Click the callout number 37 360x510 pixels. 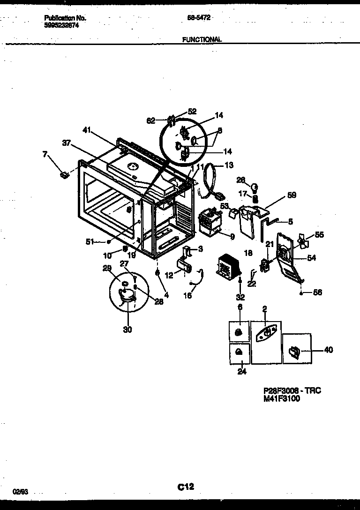(x=67, y=143)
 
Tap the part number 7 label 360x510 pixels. (x=45, y=154)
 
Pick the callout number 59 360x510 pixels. (x=292, y=195)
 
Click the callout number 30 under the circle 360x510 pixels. (x=127, y=330)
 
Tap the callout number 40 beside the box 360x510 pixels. (x=329, y=350)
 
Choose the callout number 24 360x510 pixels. (x=242, y=372)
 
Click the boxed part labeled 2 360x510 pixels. (x=266, y=332)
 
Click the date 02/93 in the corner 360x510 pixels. (x=21, y=491)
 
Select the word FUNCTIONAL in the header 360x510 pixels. (x=202, y=40)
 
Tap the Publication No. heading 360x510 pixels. (x=65, y=18)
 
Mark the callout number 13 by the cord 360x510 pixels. (x=229, y=165)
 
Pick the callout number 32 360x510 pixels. (x=240, y=297)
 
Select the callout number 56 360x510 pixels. (x=317, y=292)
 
